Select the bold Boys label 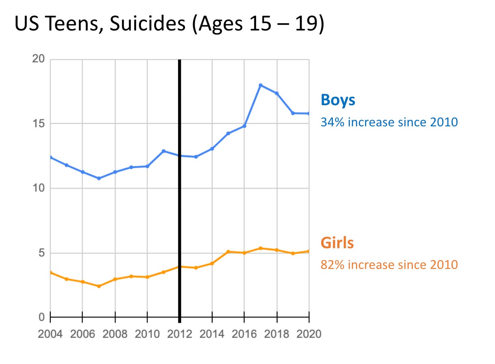click(338, 100)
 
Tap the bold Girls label click(337, 243)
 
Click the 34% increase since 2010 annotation click(389, 122)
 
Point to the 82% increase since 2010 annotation click(389, 265)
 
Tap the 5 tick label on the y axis click(41, 253)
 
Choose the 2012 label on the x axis click(179, 334)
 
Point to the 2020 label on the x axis click(309, 334)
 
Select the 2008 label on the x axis click(115, 334)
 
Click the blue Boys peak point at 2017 click(261, 85)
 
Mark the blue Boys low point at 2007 click(99, 178)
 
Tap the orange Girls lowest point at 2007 click(99, 286)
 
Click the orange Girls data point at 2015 click(228, 252)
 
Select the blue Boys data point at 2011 click(163, 151)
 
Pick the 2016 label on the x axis click(244, 334)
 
